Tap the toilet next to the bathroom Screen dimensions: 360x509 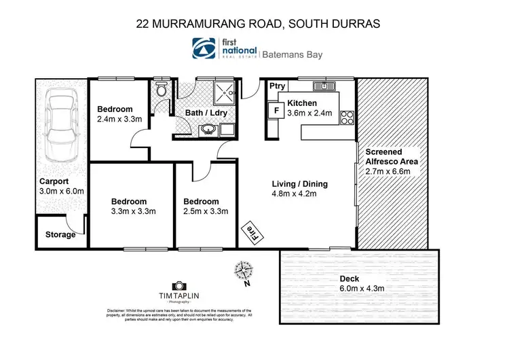(160, 90)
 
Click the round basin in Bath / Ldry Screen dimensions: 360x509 (207, 129)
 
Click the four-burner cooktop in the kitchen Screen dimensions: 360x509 (347, 117)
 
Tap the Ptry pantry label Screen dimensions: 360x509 (277, 86)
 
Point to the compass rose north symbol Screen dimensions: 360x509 (244, 272)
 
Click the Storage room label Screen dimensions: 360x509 (60, 236)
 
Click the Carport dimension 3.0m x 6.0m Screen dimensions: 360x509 (61, 191)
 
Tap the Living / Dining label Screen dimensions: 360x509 (300, 183)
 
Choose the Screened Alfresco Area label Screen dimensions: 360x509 (392, 157)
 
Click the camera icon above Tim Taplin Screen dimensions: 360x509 (178, 287)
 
